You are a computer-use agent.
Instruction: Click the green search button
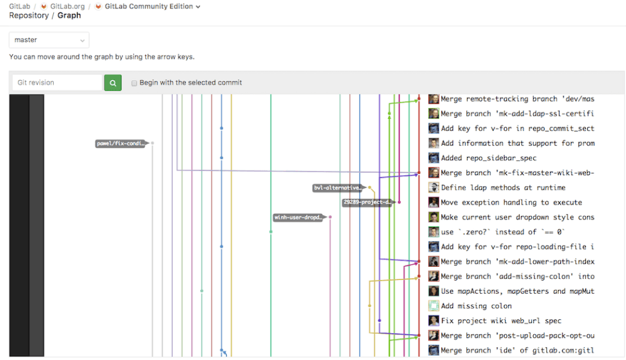pos(112,83)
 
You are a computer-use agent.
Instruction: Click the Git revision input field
pos(57,83)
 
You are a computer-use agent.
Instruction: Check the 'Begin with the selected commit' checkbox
pos(135,83)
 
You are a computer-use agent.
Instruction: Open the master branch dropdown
pos(49,40)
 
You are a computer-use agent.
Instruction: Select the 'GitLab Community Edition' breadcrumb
pos(148,7)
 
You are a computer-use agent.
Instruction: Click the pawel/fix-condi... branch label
pos(121,144)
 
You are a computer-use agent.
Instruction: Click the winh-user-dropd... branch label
pos(298,218)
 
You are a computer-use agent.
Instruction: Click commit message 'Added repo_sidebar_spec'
pos(488,158)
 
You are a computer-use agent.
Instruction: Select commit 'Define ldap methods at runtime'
pos(503,188)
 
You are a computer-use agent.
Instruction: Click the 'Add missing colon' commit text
pos(476,306)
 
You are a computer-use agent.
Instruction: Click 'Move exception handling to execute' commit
pos(511,203)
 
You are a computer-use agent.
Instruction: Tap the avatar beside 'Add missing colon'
pos(434,306)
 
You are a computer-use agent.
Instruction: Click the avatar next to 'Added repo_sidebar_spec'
pos(434,158)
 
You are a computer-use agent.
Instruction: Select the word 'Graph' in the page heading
pos(69,16)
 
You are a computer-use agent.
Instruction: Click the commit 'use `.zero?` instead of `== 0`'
pos(503,232)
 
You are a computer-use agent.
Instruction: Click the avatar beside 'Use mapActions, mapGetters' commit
pos(434,291)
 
